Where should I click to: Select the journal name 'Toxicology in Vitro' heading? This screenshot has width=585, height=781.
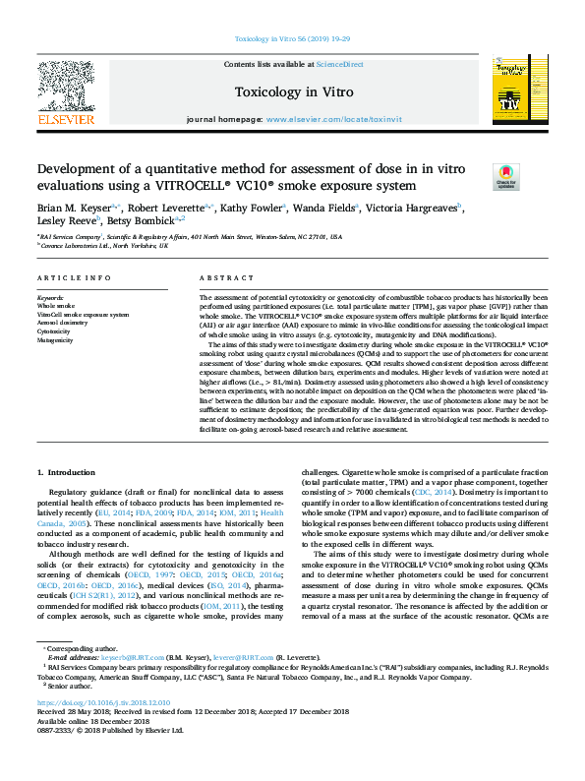[292, 92]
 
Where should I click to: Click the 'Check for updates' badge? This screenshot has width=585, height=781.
[506, 177]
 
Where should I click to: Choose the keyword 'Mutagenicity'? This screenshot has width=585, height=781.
[57, 340]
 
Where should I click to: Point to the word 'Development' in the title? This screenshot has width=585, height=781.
[79, 169]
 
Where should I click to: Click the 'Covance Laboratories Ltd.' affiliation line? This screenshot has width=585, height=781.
[104, 245]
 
